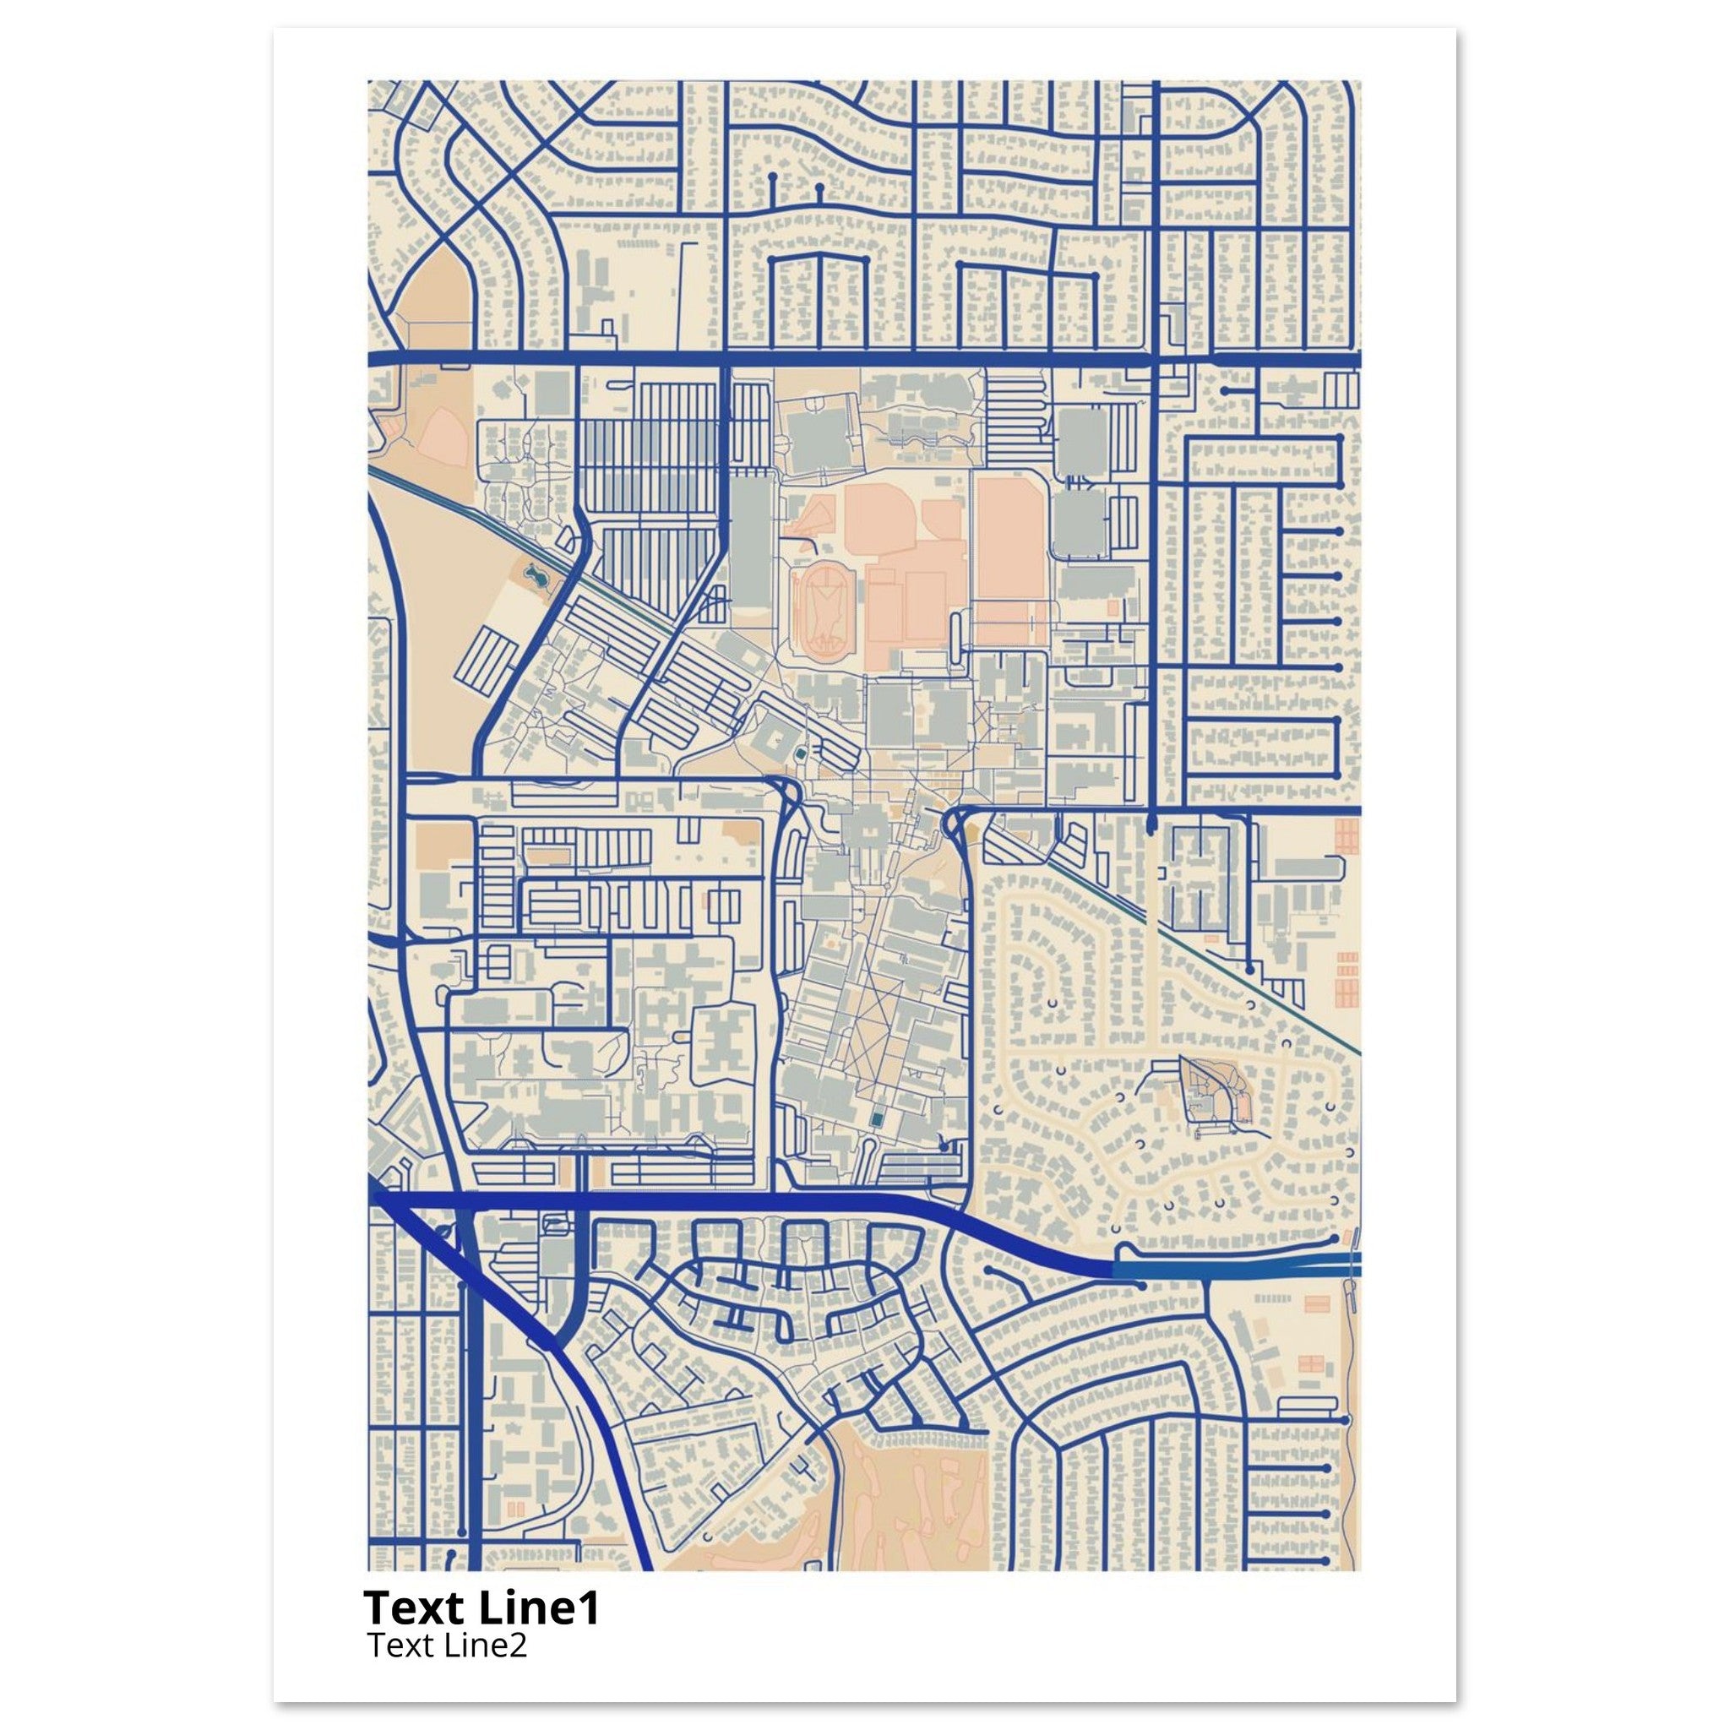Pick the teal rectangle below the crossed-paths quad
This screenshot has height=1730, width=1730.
(877, 1120)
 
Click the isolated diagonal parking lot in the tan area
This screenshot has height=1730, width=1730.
(489, 658)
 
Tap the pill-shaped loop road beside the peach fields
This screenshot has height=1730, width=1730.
(958, 640)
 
